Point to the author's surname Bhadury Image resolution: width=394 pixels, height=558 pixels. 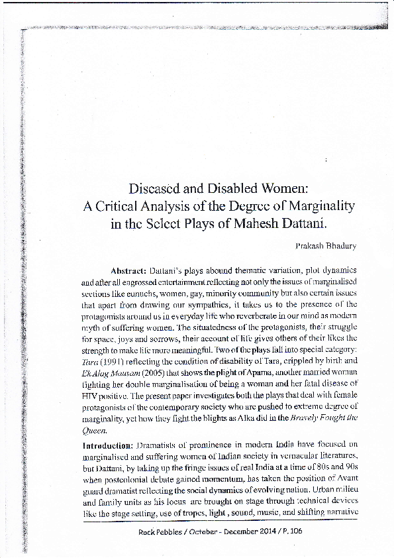(x=340, y=246)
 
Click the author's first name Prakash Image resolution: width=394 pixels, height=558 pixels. (x=309, y=246)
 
